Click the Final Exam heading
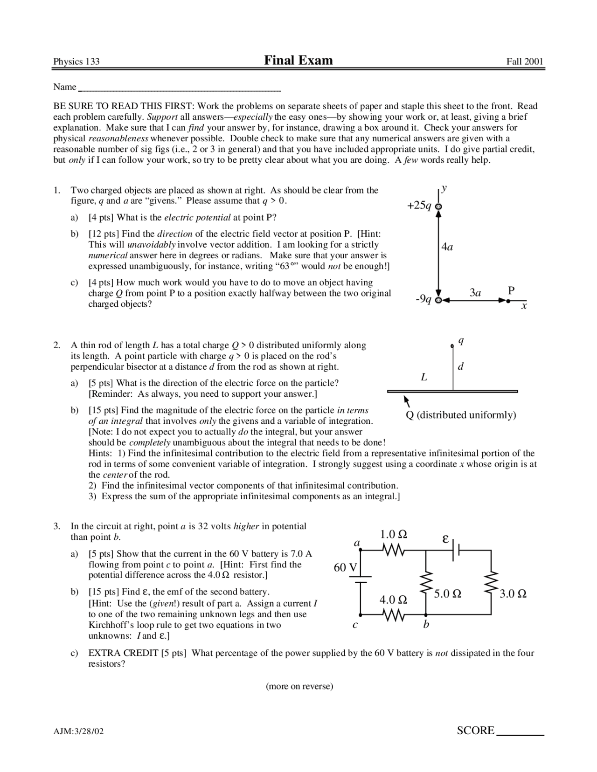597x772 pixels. (298, 60)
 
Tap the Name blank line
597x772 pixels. (180, 88)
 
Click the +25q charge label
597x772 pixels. (419, 206)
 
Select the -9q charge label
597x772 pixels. (424, 299)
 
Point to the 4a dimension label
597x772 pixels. (447, 247)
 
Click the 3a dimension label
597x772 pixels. (475, 293)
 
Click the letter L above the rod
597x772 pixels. (424, 377)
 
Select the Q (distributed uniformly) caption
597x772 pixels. (461, 415)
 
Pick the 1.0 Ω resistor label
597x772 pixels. (394, 534)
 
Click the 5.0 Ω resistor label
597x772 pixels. (448, 594)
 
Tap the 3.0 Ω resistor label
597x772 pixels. (513, 594)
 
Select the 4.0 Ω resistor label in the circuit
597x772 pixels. (393, 600)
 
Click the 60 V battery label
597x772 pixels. (346, 567)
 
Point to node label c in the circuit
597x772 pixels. (355, 625)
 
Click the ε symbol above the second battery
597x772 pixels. (445, 539)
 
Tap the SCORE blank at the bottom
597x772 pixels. (521, 731)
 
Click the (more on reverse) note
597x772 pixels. (299, 686)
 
